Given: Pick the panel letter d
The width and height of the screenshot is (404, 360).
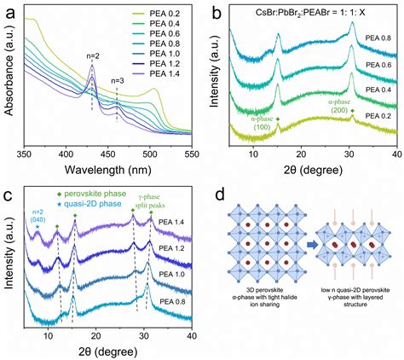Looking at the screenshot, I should (x=219, y=195).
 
